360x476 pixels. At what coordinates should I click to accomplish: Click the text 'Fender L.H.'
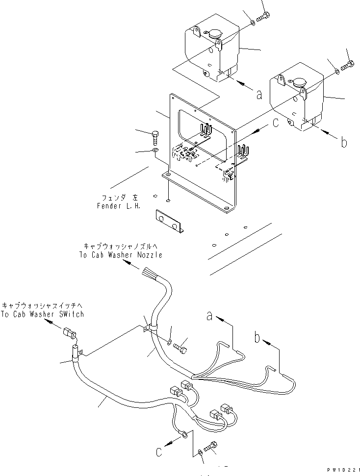(119, 206)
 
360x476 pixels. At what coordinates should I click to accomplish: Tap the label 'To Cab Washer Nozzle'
(120, 255)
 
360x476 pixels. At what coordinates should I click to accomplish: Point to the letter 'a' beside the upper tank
(258, 94)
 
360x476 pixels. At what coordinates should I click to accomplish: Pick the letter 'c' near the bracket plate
(276, 123)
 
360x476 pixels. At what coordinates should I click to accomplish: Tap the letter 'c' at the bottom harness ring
(159, 451)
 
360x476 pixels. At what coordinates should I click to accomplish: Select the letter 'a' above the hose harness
(209, 317)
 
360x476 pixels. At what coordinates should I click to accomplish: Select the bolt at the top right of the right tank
(349, 65)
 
